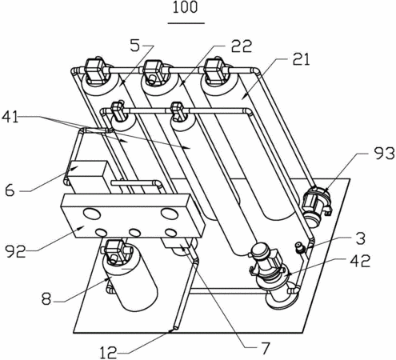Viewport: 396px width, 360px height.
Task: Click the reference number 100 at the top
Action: (186, 7)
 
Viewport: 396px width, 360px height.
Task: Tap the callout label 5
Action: (134, 45)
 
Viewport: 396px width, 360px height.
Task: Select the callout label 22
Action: (242, 46)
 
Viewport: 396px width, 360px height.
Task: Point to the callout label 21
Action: (301, 59)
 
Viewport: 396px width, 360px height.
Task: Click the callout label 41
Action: (10, 117)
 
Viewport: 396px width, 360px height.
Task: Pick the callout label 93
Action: (384, 154)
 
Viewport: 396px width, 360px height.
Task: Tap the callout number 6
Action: (10, 190)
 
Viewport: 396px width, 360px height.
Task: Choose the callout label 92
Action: (16, 251)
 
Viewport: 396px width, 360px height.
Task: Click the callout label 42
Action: (360, 261)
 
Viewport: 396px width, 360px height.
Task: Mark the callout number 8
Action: (46, 299)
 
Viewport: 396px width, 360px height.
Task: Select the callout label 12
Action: (108, 353)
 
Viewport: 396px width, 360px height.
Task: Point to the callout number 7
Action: (265, 348)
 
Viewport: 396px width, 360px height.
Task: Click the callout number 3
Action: (361, 238)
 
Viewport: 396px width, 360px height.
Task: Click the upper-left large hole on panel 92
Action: (92, 214)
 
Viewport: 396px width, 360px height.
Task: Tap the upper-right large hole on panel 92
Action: (169, 214)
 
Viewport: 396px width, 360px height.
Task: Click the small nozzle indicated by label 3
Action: (299, 246)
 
